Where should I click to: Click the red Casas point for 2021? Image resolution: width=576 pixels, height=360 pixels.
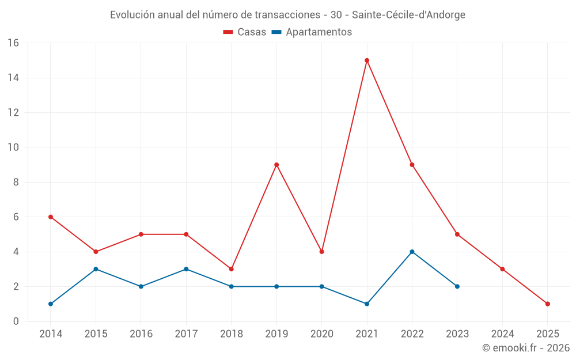coord(367,60)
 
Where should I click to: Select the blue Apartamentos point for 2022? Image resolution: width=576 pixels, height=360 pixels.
coord(412,252)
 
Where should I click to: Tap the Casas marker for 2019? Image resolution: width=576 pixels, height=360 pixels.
coord(276,165)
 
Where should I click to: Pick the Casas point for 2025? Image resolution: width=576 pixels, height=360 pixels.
coord(548,304)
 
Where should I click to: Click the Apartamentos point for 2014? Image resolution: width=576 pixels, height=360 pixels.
coord(51,304)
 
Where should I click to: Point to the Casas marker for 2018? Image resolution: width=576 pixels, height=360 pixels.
coord(232,269)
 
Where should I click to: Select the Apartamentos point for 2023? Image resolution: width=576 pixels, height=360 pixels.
coord(457,286)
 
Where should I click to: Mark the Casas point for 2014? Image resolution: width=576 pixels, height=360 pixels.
coord(51,217)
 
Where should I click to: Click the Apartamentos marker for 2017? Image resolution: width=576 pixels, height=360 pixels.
coord(186,269)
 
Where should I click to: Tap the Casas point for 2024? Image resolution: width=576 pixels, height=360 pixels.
coord(502,269)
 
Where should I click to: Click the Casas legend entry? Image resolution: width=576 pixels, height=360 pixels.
coord(245,32)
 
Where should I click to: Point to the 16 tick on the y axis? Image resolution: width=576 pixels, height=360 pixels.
coord(13,43)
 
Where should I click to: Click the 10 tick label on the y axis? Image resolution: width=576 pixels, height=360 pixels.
coord(13,147)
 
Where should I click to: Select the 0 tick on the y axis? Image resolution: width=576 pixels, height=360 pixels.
coord(16,321)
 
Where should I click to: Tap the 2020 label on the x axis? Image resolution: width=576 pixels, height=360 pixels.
coord(322,334)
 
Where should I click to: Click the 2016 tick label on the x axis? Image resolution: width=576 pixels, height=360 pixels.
coord(141,334)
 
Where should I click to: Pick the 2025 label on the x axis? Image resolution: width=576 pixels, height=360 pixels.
coord(548,334)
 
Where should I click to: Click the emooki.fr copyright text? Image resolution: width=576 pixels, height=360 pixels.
coord(526,348)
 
